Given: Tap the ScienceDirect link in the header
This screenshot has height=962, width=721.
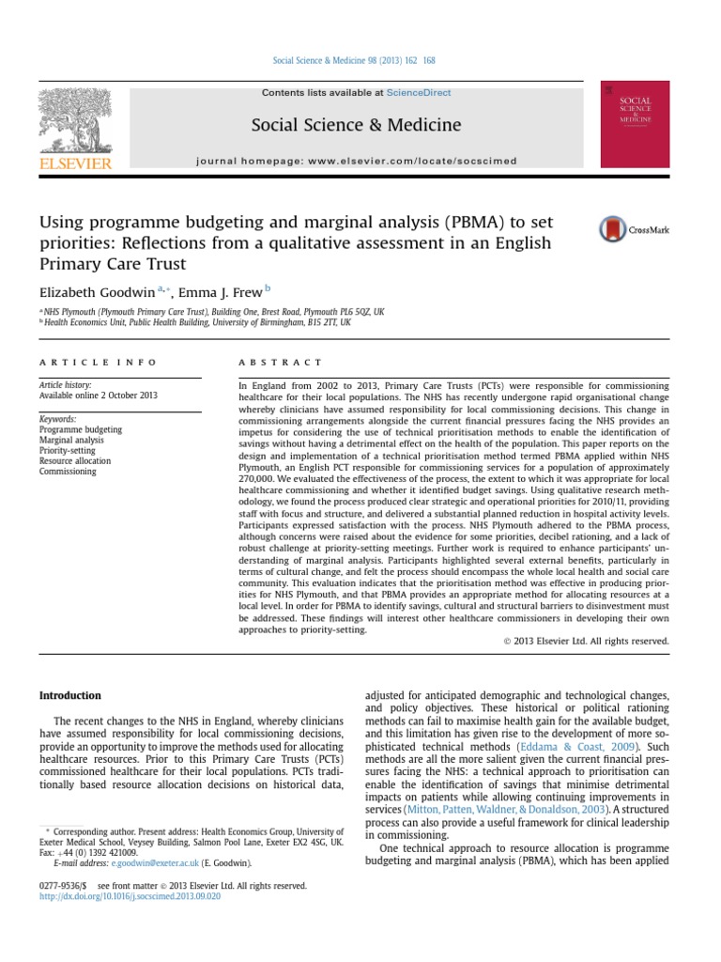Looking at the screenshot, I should pyautogui.click(x=420, y=93).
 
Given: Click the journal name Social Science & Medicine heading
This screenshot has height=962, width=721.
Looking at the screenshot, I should pyautogui.click(x=355, y=125).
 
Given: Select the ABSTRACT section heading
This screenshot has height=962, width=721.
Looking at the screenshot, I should pyautogui.click(x=282, y=362).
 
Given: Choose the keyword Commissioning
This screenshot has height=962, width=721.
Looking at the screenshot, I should pyautogui.click(x=67, y=471).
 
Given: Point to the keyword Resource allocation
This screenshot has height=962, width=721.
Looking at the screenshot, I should pyautogui.click(x=74, y=460).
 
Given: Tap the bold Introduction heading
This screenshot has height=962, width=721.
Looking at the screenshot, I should pyautogui.click(x=69, y=695).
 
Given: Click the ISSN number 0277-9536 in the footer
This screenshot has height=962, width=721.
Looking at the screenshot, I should pyautogui.click(x=59, y=885).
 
